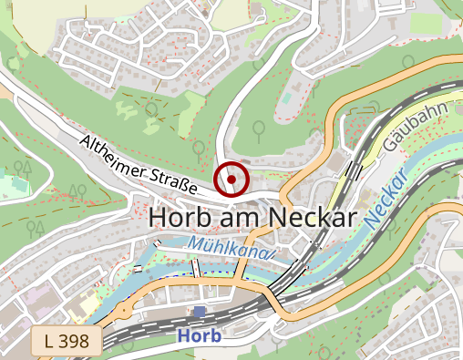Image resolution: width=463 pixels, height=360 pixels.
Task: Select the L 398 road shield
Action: (x=66, y=342)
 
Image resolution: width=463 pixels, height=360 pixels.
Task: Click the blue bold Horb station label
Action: (x=200, y=336)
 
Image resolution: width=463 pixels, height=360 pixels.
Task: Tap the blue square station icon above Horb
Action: (x=200, y=313)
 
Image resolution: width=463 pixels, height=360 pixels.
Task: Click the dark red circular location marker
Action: (x=231, y=180)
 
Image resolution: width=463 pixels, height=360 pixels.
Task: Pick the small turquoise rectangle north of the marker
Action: (x=285, y=95)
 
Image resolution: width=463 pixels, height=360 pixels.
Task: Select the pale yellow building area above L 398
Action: (x=41, y=296)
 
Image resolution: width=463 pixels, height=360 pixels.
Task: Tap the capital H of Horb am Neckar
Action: (x=158, y=218)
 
